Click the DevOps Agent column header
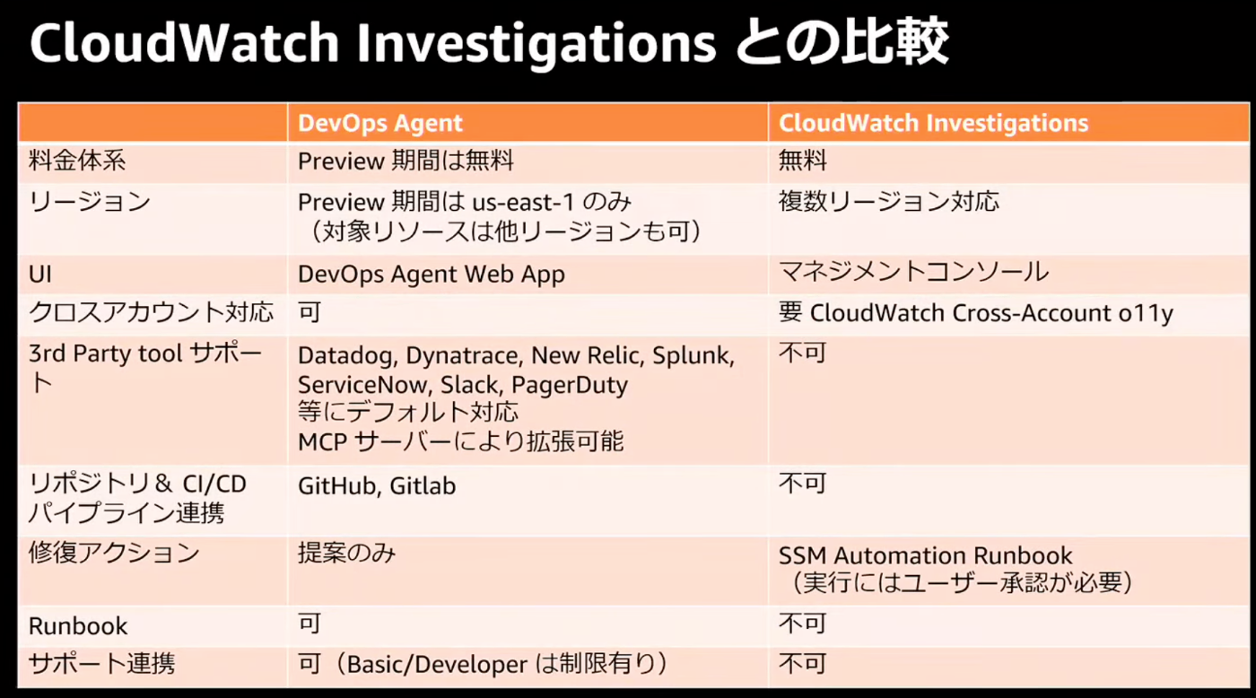pos(379,123)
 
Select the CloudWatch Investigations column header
pos(934,123)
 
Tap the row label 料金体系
pos(77,161)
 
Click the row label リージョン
pos(89,201)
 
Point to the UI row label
pos(40,275)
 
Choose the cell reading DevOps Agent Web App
pos(432,275)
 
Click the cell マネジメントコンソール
pos(913,272)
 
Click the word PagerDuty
pos(570,385)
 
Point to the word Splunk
pos(693,356)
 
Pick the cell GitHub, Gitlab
pos(377,485)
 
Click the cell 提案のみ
pos(346,554)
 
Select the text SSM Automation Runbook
pos(925,556)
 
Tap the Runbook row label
pos(78,626)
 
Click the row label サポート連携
pos(101,664)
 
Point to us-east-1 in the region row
pos(523,203)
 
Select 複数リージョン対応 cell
pos(889,201)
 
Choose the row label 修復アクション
pos(114,554)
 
